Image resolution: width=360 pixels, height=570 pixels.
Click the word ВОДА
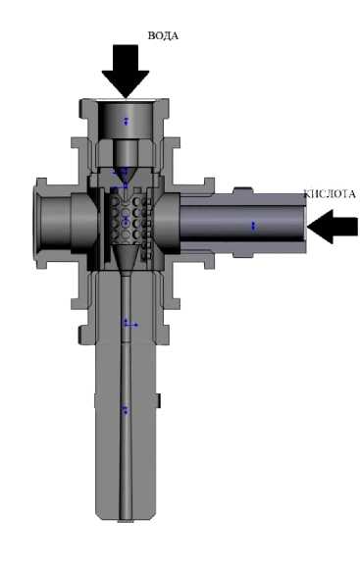(x=163, y=35)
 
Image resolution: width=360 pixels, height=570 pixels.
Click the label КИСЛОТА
(x=330, y=194)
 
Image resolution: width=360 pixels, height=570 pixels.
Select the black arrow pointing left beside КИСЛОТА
(x=333, y=227)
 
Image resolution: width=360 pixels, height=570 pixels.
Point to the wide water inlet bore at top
(x=126, y=121)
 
